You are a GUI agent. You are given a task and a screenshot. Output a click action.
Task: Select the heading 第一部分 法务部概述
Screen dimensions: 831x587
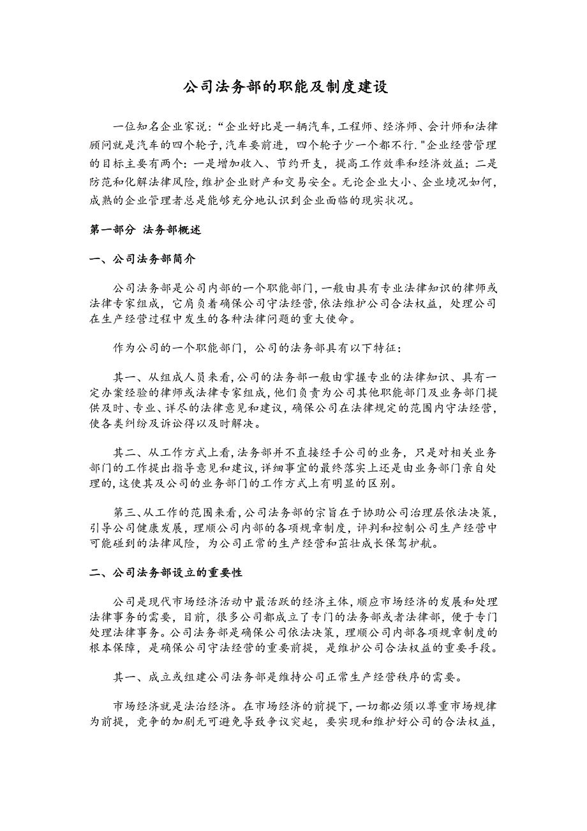145,230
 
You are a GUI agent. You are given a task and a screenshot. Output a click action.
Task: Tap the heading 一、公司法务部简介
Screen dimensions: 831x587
142,260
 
